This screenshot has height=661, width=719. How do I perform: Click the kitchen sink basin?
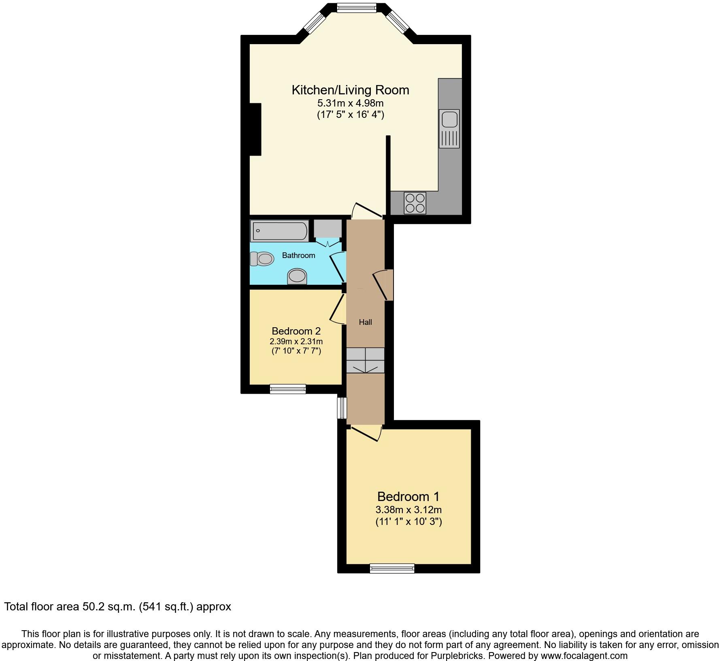449,120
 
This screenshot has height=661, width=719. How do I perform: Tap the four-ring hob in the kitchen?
415,203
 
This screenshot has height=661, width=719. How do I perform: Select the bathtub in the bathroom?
279,231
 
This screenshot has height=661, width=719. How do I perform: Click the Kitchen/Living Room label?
350,90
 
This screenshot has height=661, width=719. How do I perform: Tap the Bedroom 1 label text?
408,496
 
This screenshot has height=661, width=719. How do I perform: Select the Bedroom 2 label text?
296,331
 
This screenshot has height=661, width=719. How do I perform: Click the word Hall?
365,322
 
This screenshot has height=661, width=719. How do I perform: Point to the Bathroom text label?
298,255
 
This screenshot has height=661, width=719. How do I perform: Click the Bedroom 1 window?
392,569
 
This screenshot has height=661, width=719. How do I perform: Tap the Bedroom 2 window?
288,389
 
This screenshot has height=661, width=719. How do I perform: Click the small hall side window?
342,408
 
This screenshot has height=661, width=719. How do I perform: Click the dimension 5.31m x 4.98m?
350,103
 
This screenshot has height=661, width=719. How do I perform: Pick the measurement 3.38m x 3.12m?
408,510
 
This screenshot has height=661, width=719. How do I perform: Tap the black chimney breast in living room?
255,129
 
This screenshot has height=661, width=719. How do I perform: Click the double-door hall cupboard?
365,360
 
